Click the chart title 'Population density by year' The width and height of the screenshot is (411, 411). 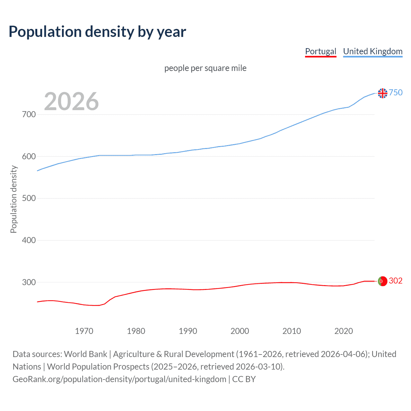coord(97,32)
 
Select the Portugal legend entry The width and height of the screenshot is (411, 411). coord(320,51)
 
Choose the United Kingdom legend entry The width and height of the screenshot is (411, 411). coord(372,51)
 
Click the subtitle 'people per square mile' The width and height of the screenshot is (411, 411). coord(205,68)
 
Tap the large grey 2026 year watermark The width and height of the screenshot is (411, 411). coord(71,101)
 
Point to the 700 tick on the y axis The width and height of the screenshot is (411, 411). coord(29,114)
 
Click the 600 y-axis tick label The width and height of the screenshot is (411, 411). coord(29,156)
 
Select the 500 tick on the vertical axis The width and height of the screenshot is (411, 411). coord(29,198)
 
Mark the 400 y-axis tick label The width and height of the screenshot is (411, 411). coord(29,240)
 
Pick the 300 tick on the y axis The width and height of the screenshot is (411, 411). coord(29,282)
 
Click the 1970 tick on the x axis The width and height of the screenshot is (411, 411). coord(84,331)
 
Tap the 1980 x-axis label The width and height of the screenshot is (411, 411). coord(136,331)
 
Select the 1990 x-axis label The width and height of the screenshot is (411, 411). coord(188,331)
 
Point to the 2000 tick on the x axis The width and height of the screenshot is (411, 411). coord(240,331)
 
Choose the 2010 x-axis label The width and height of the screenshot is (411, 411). coord(292,331)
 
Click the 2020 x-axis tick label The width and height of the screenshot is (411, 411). coord(344,331)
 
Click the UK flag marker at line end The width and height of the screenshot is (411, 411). coord(382,93)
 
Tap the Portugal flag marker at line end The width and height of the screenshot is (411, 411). coord(382,281)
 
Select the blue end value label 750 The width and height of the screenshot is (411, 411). coord(396,92)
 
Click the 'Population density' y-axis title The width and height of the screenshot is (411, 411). coord(13,199)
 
